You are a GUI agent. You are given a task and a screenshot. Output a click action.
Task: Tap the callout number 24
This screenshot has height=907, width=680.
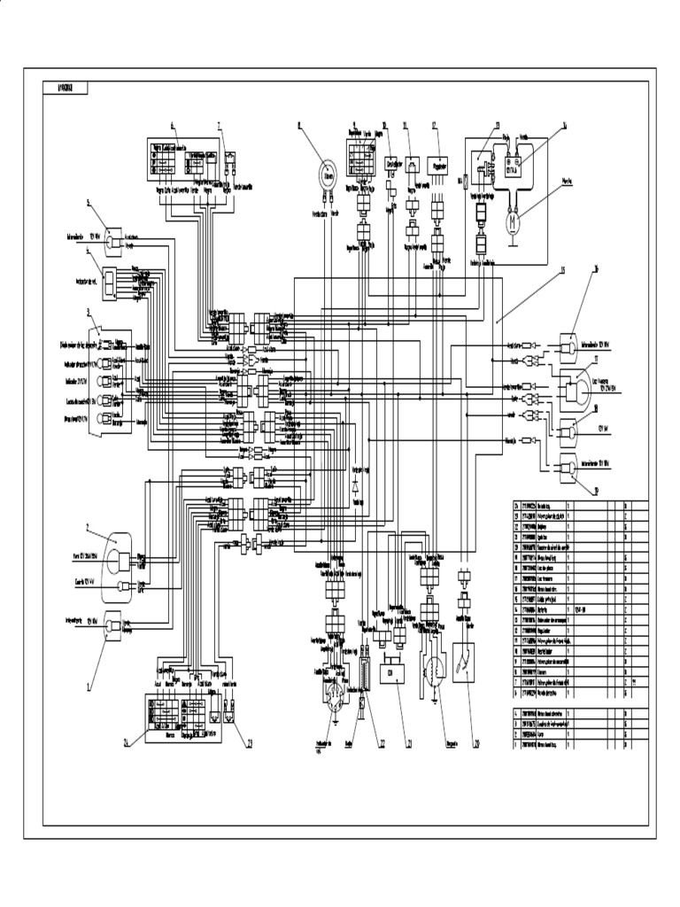tap(127, 743)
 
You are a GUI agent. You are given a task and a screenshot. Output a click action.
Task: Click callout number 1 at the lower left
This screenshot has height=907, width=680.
tap(89, 686)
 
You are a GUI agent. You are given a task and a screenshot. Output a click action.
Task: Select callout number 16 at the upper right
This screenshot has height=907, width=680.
tap(596, 267)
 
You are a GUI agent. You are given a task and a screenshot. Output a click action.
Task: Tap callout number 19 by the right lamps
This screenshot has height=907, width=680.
tap(596, 490)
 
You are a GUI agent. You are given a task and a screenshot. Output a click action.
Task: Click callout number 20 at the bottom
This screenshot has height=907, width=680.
tap(475, 742)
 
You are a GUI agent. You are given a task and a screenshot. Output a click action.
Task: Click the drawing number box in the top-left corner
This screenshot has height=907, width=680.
tap(66, 87)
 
